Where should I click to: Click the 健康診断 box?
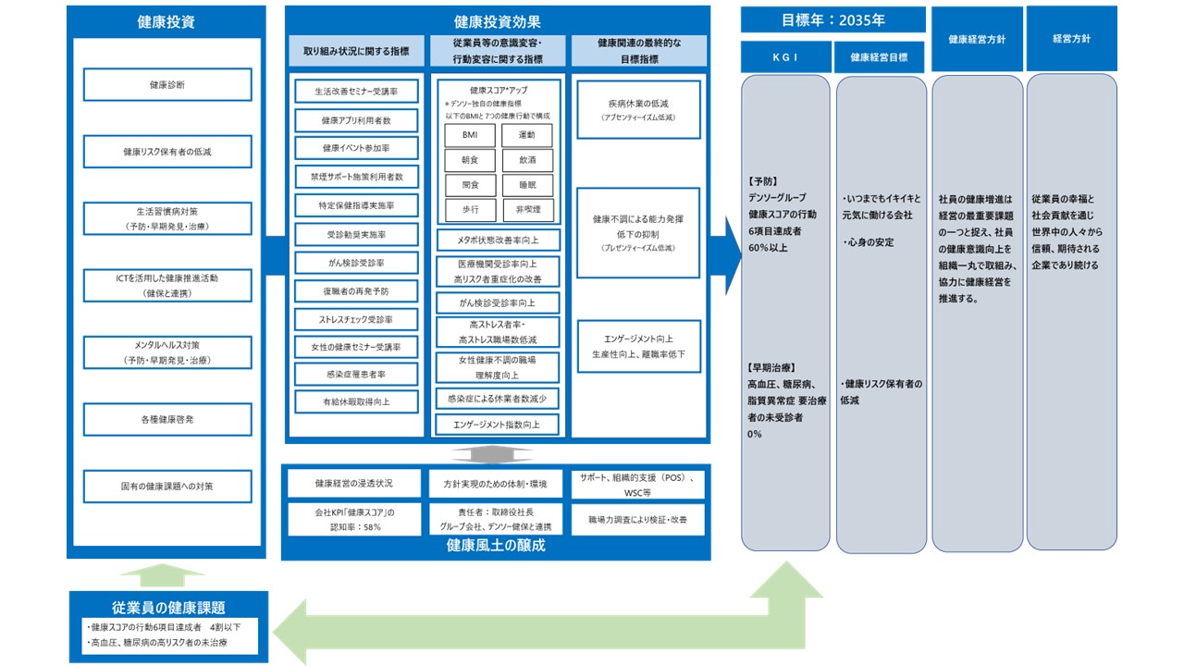167,84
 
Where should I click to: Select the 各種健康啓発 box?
167,419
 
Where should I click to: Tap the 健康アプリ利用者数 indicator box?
356,120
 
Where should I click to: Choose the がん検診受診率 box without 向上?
356,264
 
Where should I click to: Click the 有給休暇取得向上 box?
356,401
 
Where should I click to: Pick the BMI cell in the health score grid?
470,135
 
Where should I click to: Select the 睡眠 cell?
527,185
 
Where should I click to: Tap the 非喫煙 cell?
527,210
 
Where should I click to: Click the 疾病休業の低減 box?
638,109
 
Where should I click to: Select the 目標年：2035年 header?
832,18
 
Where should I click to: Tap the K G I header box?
785,56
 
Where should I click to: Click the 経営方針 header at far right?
1071,39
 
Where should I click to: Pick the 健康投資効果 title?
498,20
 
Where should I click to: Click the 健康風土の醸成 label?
496,546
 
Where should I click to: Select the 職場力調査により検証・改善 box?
638,522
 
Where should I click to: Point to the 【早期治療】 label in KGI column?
767,367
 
